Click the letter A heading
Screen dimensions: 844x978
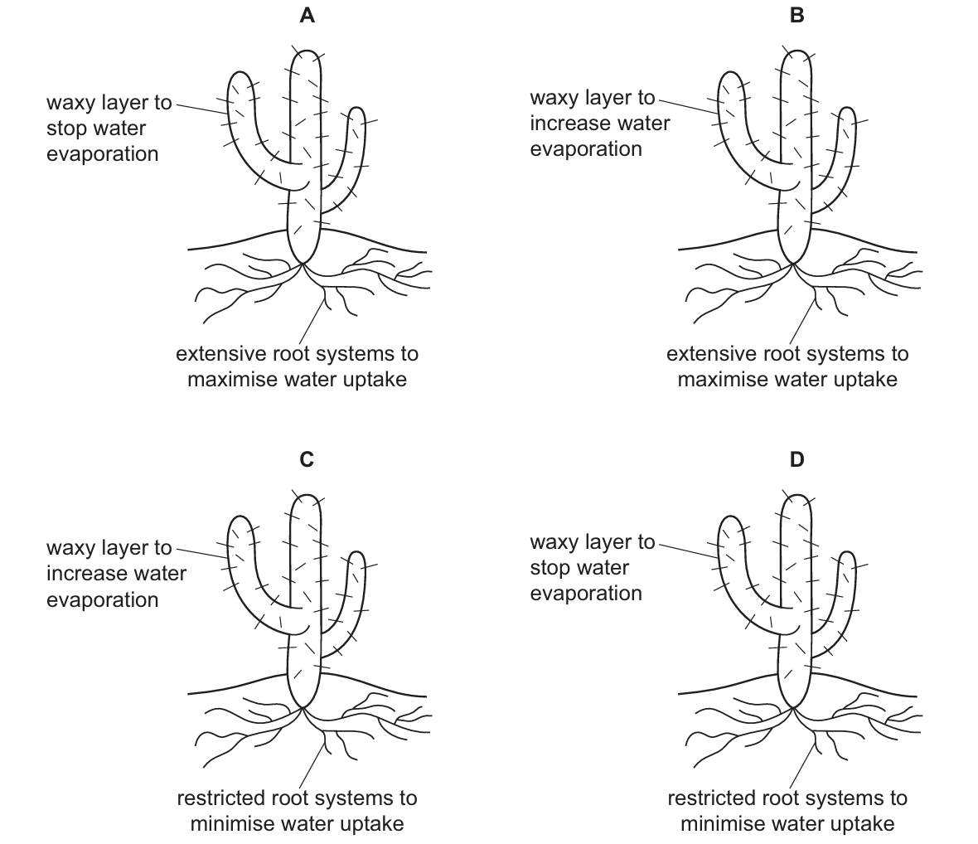pos(307,15)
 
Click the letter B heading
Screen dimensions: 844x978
pos(796,15)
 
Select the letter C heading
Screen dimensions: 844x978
pos(307,458)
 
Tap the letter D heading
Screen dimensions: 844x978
pos(796,458)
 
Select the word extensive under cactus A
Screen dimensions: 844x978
pos(217,354)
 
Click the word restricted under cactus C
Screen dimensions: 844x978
pos(220,798)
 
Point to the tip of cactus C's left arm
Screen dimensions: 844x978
pos(240,518)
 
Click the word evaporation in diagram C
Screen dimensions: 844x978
pos(102,599)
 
